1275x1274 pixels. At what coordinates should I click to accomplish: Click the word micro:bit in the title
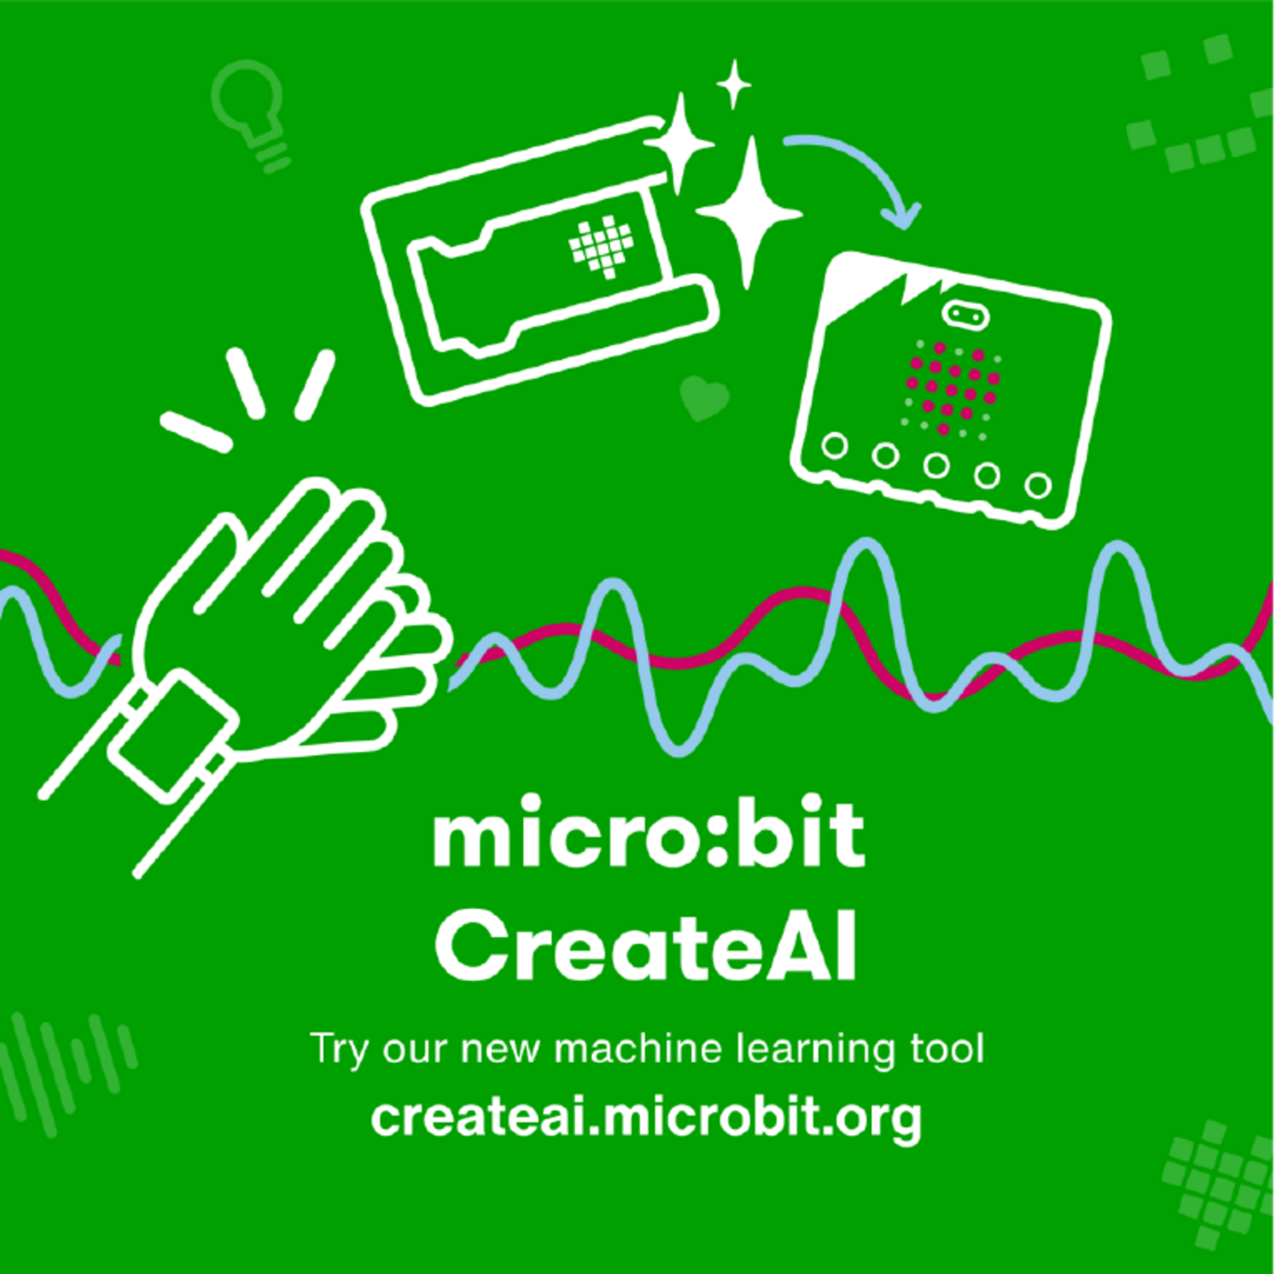click(x=649, y=833)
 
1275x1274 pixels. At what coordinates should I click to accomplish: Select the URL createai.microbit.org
click(x=646, y=1117)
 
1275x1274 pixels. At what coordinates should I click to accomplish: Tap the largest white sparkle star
click(x=749, y=212)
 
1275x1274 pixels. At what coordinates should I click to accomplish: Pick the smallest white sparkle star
click(x=734, y=84)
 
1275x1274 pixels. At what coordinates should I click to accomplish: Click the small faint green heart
click(x=704, y=397)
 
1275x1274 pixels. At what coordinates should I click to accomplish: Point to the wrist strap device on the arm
click(x=171, y=735)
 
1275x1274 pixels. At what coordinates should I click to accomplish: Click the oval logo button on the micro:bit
click(x=965, y=315)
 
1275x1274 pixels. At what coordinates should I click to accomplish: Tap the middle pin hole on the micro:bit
click(x=935, y=464)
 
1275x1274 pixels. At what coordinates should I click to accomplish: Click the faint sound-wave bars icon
click(x=70, y=1070)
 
